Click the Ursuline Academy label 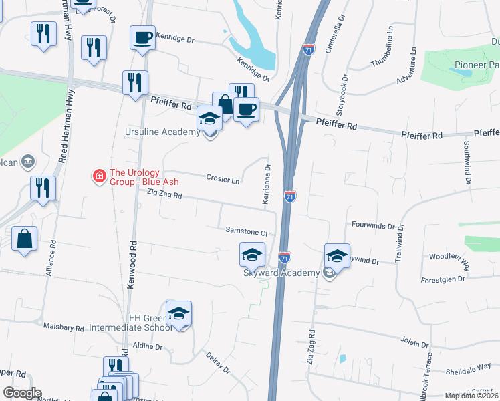162,132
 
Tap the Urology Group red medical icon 99,176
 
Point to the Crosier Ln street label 223,180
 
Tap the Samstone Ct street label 246,232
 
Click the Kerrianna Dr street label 267,184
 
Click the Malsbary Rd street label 64,328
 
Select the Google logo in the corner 23,392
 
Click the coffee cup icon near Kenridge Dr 143,37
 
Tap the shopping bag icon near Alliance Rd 24,239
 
